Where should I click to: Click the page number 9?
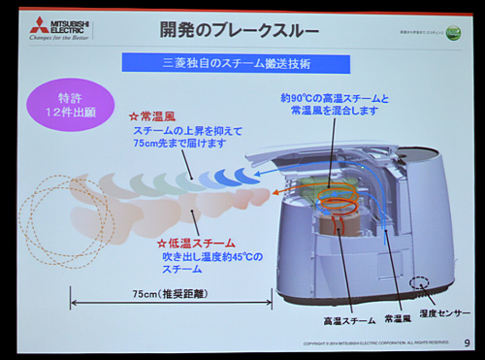pyautogui.click(x=468, y=342)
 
